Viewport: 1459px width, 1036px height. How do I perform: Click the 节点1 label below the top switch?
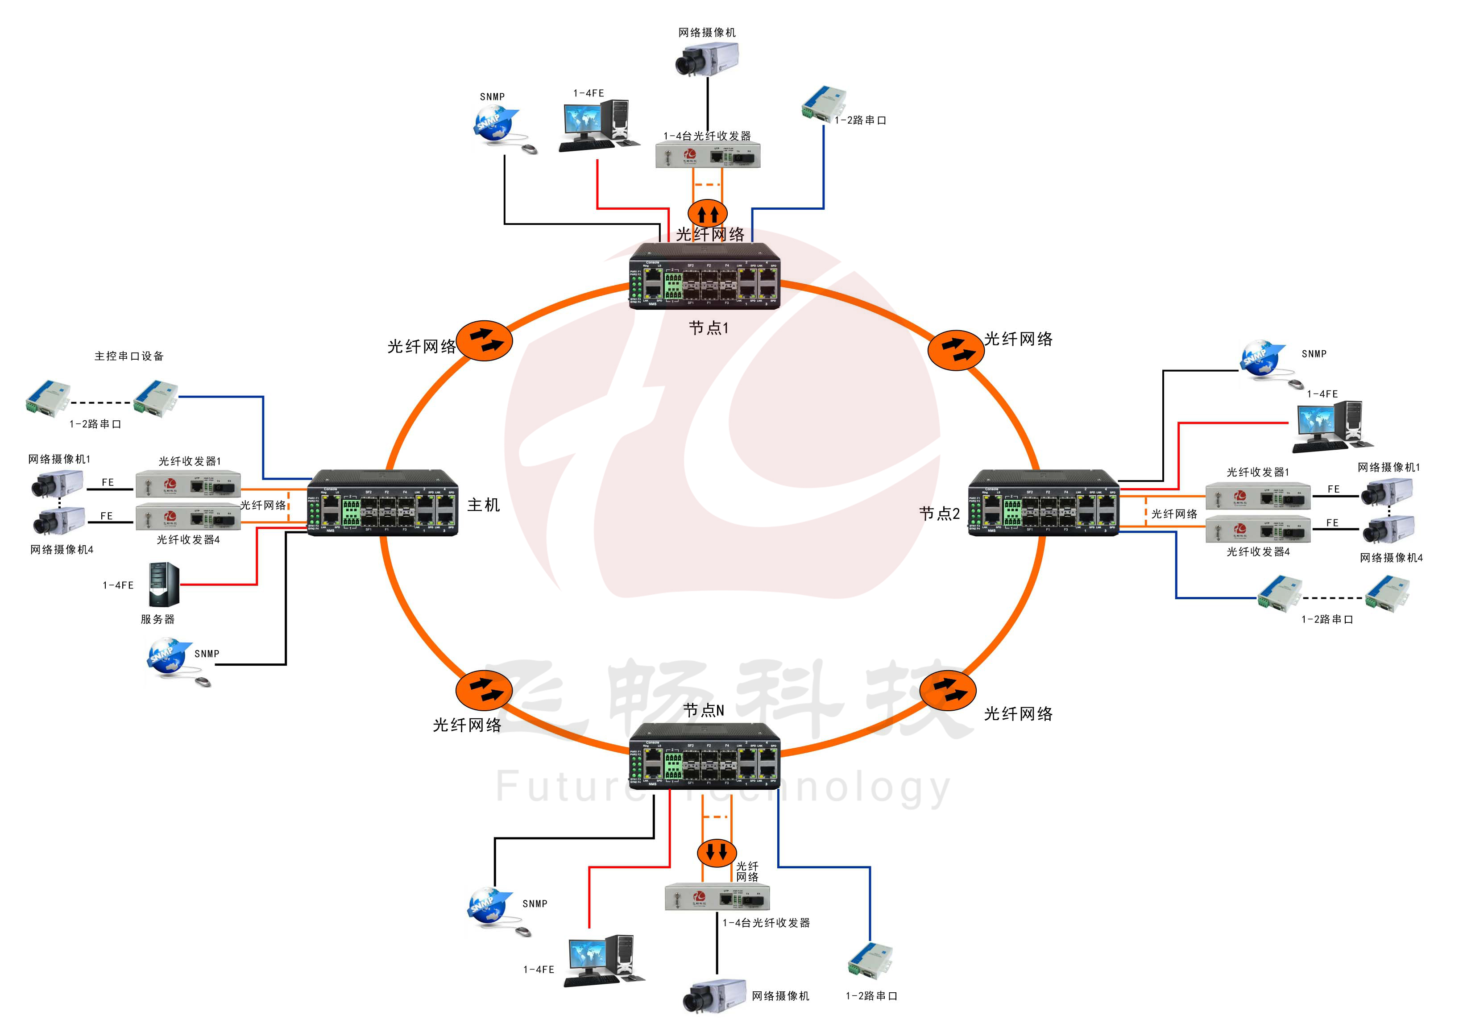[708, 328]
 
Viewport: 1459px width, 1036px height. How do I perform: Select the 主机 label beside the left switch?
[483, 505]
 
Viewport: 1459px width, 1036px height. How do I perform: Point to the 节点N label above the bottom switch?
[703, 710]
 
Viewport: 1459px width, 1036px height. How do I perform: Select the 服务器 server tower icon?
[163, 584]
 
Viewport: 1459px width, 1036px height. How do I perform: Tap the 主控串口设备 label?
[129, 356]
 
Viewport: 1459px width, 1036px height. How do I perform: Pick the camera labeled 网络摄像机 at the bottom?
[713, 995]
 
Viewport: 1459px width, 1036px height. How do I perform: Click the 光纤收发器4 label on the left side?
[188, 540]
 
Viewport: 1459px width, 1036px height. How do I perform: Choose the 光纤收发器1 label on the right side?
[1257, 472]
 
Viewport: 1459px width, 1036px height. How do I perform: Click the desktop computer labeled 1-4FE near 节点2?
[1331, 425]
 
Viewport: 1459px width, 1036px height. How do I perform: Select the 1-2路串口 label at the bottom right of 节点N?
[871, 996]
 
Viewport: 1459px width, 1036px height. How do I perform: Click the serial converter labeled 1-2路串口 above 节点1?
[824, 102]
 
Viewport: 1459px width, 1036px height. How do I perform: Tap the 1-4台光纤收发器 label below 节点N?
[766, 922]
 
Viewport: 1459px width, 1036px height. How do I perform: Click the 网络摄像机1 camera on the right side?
[1386, 492]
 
